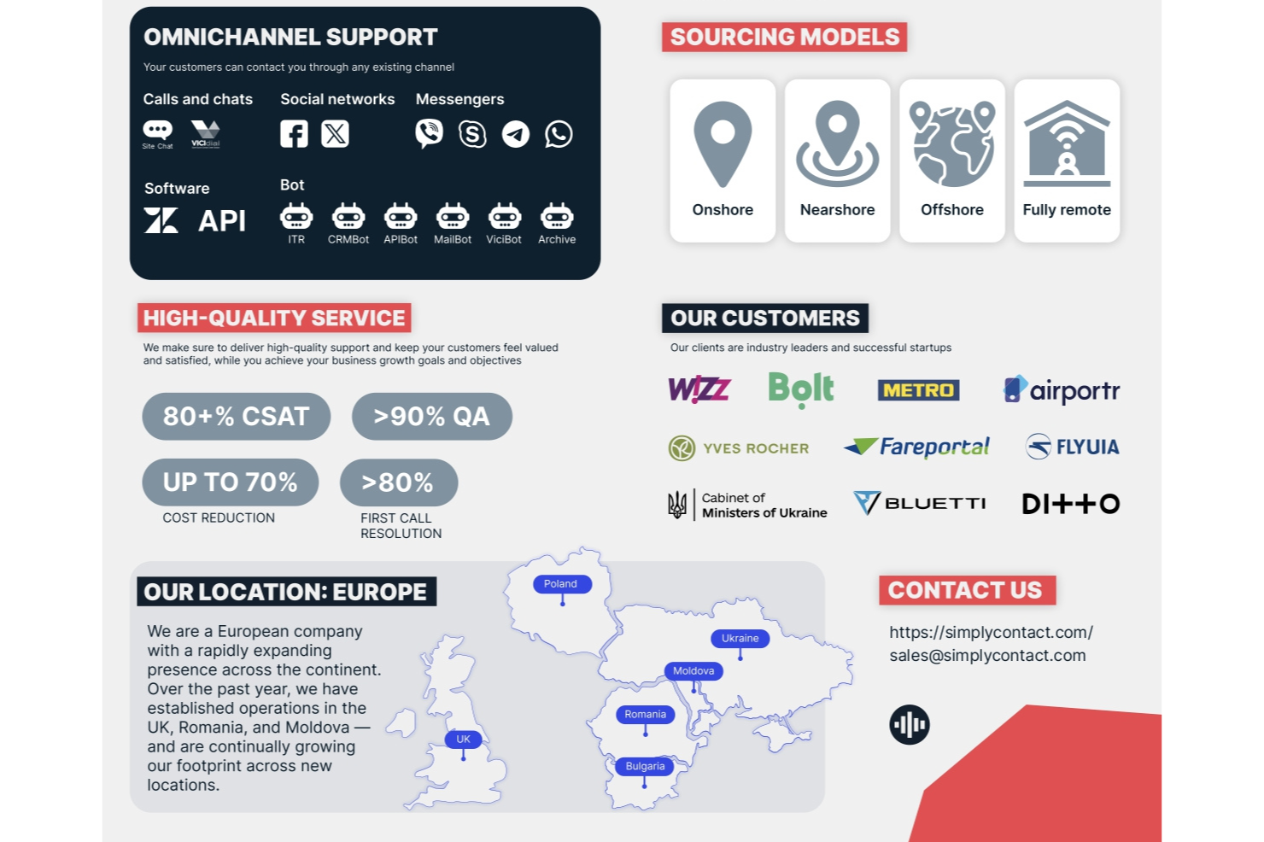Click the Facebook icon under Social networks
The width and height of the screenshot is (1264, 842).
pos(294,134)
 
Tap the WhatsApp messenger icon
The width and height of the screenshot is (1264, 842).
pos(559,134)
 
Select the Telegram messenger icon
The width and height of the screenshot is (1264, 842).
pos(515,134)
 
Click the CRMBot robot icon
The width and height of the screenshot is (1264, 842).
pos(348,217)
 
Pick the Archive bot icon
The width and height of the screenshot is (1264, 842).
pos(557,217)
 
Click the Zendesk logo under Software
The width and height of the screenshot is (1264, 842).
pos(161,220)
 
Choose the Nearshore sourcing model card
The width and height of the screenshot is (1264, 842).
pos(837,161)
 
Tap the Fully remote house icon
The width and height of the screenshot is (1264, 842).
pos(1067,143)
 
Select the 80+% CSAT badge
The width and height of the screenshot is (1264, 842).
pos(236,417)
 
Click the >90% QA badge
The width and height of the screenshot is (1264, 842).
pos(431,417)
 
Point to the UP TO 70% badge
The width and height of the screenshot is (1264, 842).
pos(230,482)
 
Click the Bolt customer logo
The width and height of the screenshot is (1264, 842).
pos(800,389)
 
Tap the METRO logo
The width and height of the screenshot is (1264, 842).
pos(918,390)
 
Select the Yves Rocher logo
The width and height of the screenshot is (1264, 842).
pos(739,447)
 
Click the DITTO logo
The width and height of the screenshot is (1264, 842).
pos(1071,504)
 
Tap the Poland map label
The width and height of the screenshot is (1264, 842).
pos(560,584)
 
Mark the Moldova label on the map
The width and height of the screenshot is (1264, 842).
pos(693,671)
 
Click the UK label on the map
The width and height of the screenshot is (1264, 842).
pos(463,740)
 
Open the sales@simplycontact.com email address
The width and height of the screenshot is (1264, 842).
pos(987,656)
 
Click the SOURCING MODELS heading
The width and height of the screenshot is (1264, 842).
pos(784,38)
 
